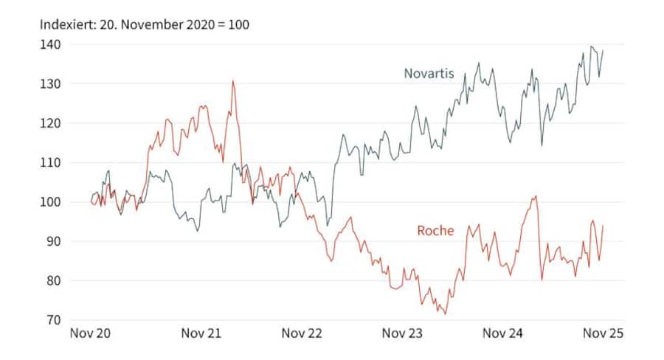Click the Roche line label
(435, 230)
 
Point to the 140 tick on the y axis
(51, 44)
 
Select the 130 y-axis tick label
(51, 84)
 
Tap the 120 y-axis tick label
(51, 123)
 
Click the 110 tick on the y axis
(51, 162)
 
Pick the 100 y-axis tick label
(51, 202)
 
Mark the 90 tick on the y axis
(54, 241)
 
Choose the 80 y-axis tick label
(54, 281)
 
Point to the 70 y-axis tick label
(54, 320)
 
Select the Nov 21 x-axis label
(201, 333)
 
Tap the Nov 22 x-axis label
(302, 333)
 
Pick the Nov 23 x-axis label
(402, 333)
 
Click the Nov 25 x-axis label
(603, 333)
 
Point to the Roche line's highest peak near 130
(233, 81)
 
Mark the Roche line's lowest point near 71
(445, 314)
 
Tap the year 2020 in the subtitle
(193, 24)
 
